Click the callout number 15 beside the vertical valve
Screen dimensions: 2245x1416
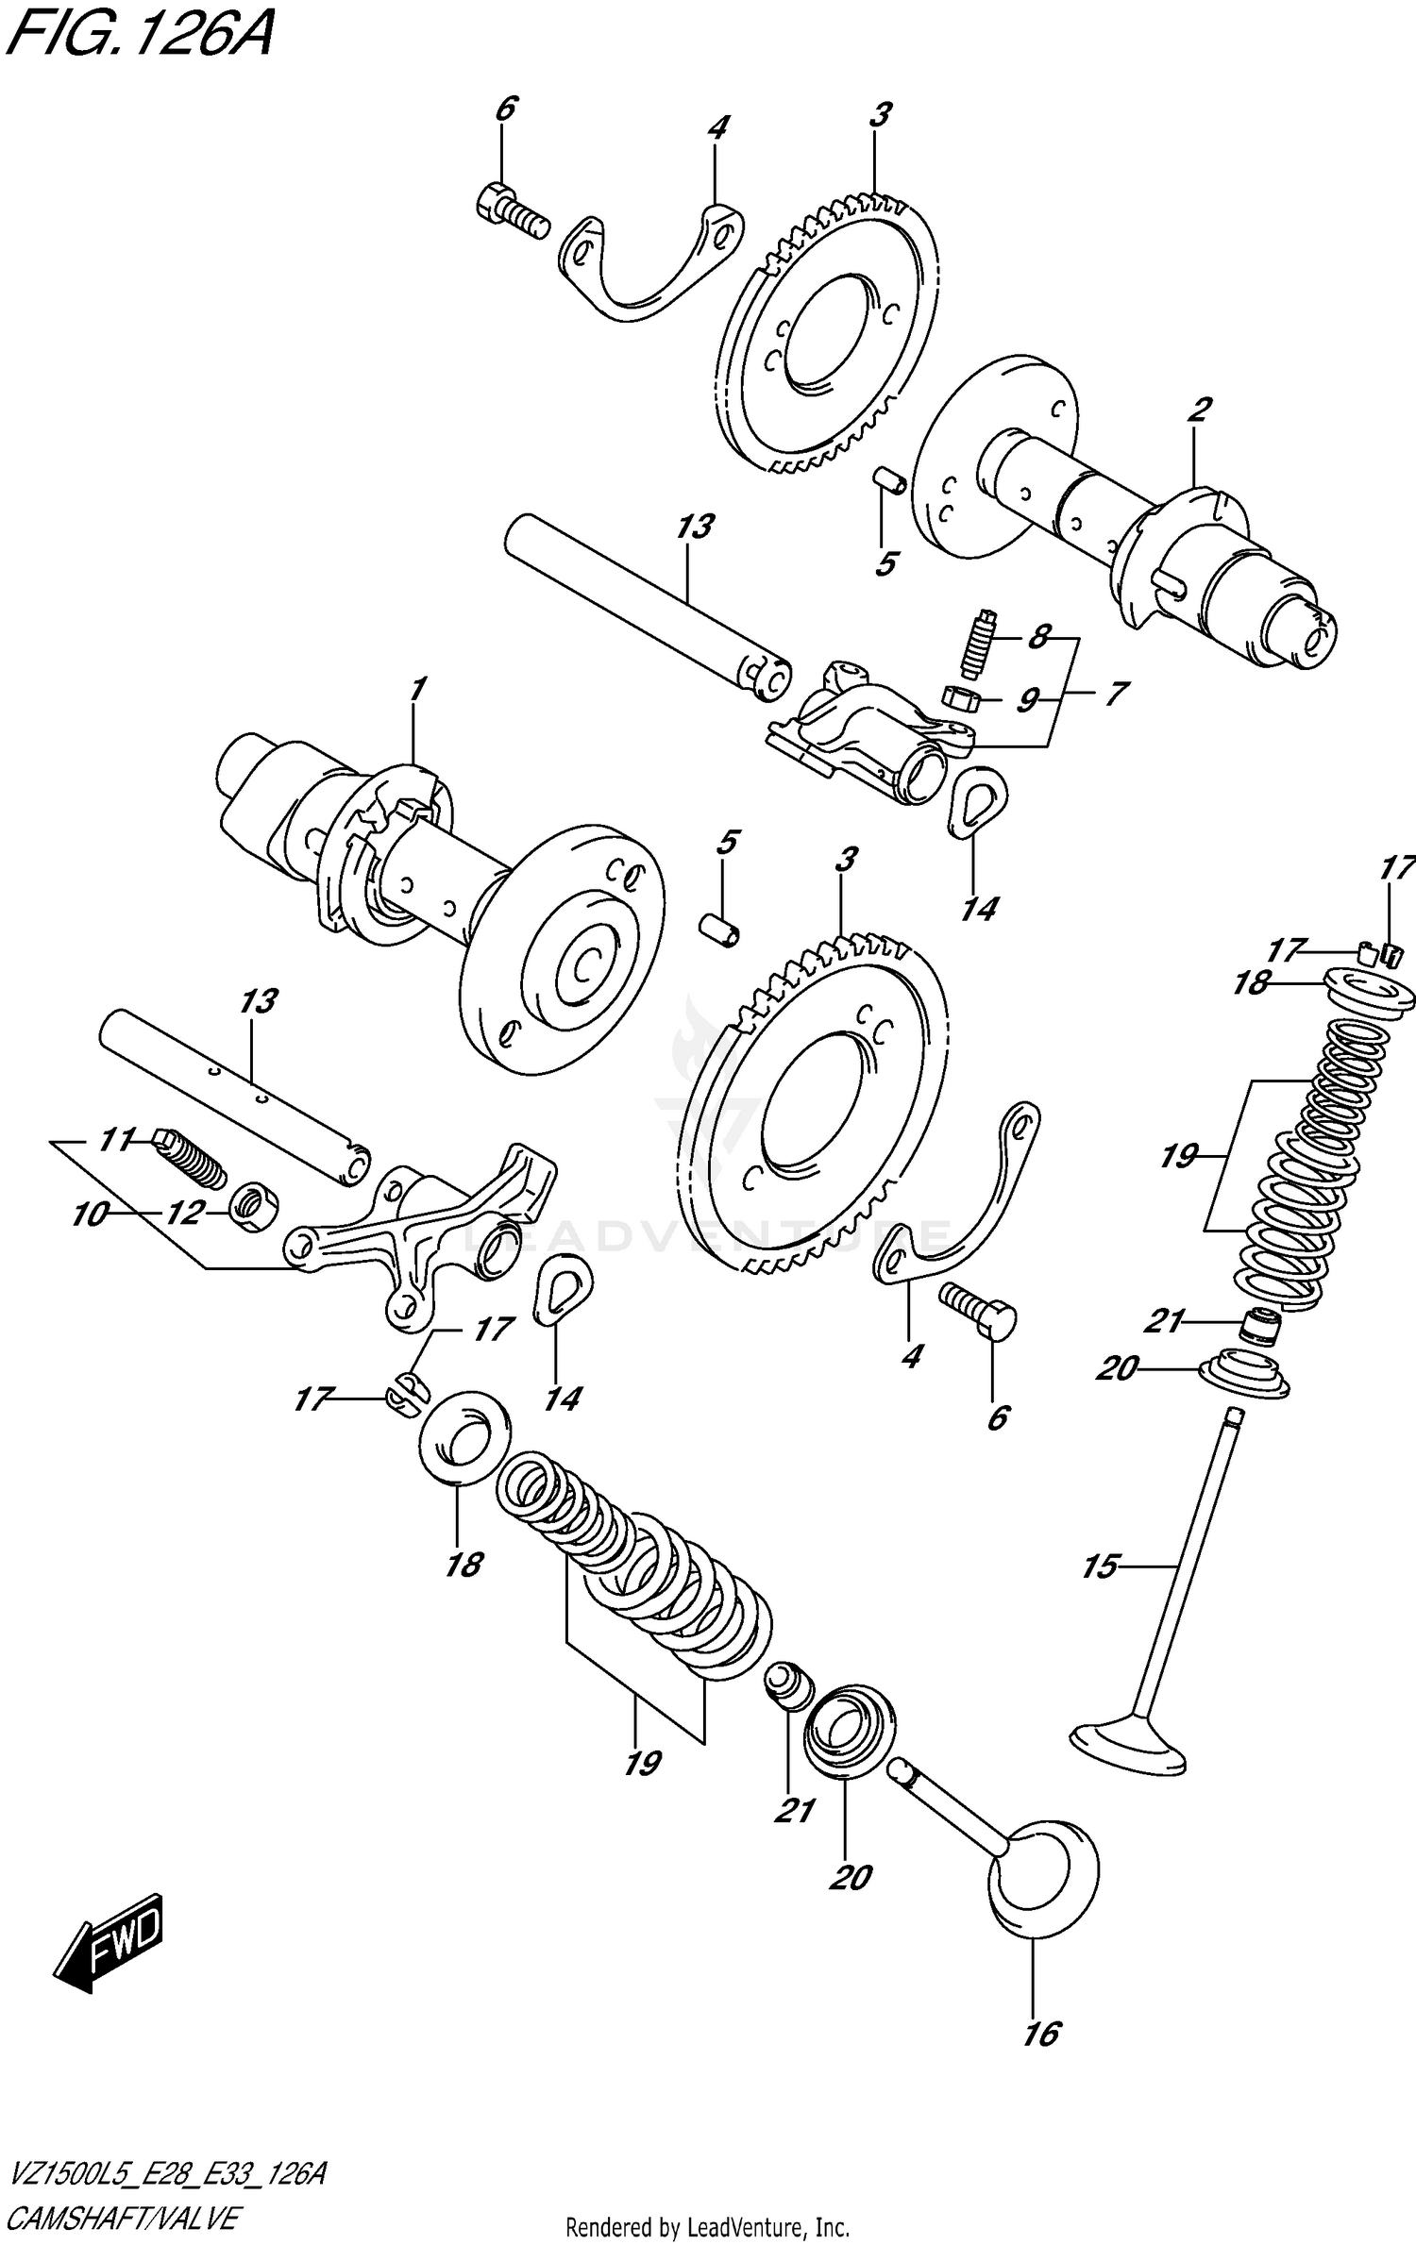pyautogui.click(x=1099, y=1567)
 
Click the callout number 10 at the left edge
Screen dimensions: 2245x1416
pyautogui.click(x=89, y=1215)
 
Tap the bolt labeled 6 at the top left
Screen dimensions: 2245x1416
pyautogui.click(x=510, y=213)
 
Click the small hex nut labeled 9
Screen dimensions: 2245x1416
pyautogui.click(x=959, y=698)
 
